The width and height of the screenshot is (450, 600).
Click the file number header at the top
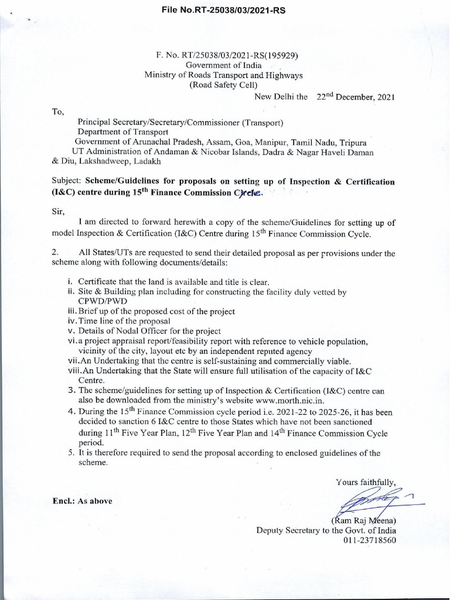pyautogui.click(x=223, y=10)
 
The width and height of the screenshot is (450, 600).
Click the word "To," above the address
pyautogui.click(x=58, y=111)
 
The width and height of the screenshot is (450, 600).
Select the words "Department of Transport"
pyautogui.click(x=123, y=132)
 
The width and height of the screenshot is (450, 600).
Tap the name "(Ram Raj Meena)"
pyautogui.click(x=364, y=520)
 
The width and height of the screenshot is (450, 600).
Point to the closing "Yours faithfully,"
pyautogui.click(x=366, y=482)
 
